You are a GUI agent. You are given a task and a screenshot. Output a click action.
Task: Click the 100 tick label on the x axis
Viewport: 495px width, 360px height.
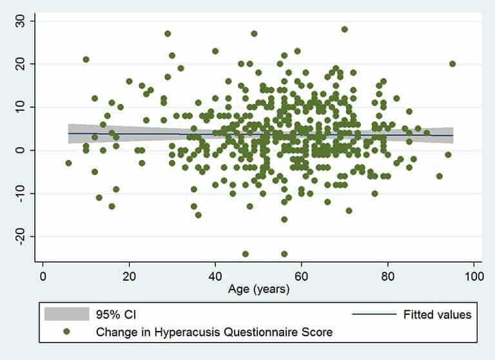tap(473, 274)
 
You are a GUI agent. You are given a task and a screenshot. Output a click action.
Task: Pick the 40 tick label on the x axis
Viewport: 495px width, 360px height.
tap(215, 274)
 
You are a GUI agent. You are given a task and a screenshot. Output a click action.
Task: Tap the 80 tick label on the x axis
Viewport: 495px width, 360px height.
tap(387, 274)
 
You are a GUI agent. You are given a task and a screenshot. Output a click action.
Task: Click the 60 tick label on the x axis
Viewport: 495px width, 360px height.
tap(301, 274)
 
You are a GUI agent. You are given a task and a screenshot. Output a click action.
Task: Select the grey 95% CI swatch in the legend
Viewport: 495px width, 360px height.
tap(66, 315)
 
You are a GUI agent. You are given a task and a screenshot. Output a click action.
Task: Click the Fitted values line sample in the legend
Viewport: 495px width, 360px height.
tap(374, 315)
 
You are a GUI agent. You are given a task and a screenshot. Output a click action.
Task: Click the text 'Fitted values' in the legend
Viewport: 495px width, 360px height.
tap(438, 315)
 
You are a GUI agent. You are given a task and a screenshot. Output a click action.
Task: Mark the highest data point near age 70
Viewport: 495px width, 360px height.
tap(344, 29)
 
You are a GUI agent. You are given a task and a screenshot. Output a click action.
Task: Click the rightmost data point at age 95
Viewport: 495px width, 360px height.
tap(452, 64)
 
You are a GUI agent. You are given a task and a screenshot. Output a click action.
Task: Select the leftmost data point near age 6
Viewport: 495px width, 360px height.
tap(68, 163)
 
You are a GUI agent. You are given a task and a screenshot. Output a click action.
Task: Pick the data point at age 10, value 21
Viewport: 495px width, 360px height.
tap(86, 59)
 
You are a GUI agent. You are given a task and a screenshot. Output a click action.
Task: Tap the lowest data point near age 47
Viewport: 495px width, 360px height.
tap(246, 254)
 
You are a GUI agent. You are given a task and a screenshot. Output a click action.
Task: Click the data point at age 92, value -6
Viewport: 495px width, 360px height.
tap(440, 176)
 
